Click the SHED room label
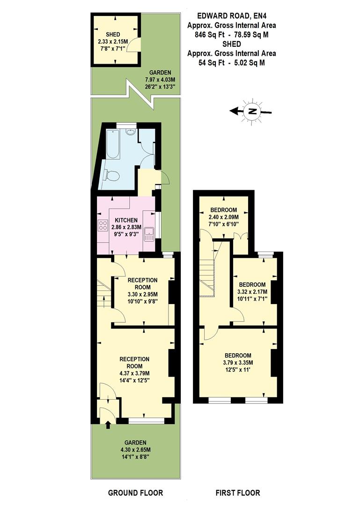[112, 35]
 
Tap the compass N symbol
[253, 111]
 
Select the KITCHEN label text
[126, 220]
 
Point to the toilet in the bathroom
[113, 176]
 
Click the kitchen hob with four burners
[103, 225]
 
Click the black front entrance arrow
[109, 425]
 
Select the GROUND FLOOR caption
[135, 493]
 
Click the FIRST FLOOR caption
[237, 493]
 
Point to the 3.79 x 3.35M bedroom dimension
[238, 363]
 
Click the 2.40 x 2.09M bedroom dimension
[223, 217]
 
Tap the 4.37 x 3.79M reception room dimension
[134, 373]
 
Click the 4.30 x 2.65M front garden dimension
[135, 450]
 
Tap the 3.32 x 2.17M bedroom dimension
[252, 292]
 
